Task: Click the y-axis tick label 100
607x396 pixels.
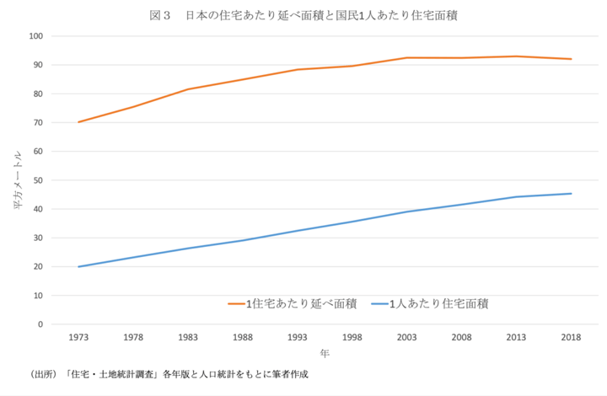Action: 35,36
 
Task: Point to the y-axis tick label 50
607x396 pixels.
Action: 37,180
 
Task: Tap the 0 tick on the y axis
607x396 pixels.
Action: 40,324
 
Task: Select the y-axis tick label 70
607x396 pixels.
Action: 37,123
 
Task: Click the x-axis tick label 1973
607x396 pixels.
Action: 78,337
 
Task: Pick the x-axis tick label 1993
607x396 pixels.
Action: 298,337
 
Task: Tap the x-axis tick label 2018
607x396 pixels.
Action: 571,337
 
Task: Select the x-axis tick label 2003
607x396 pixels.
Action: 407,337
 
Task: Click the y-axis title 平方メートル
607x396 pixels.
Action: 17,180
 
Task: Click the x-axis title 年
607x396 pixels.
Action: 325,354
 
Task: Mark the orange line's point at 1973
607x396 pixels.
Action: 78,122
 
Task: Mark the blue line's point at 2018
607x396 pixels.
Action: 571,194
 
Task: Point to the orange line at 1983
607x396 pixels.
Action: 188,89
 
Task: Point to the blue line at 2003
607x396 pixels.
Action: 407,211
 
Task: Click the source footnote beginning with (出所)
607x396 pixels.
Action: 169,373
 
